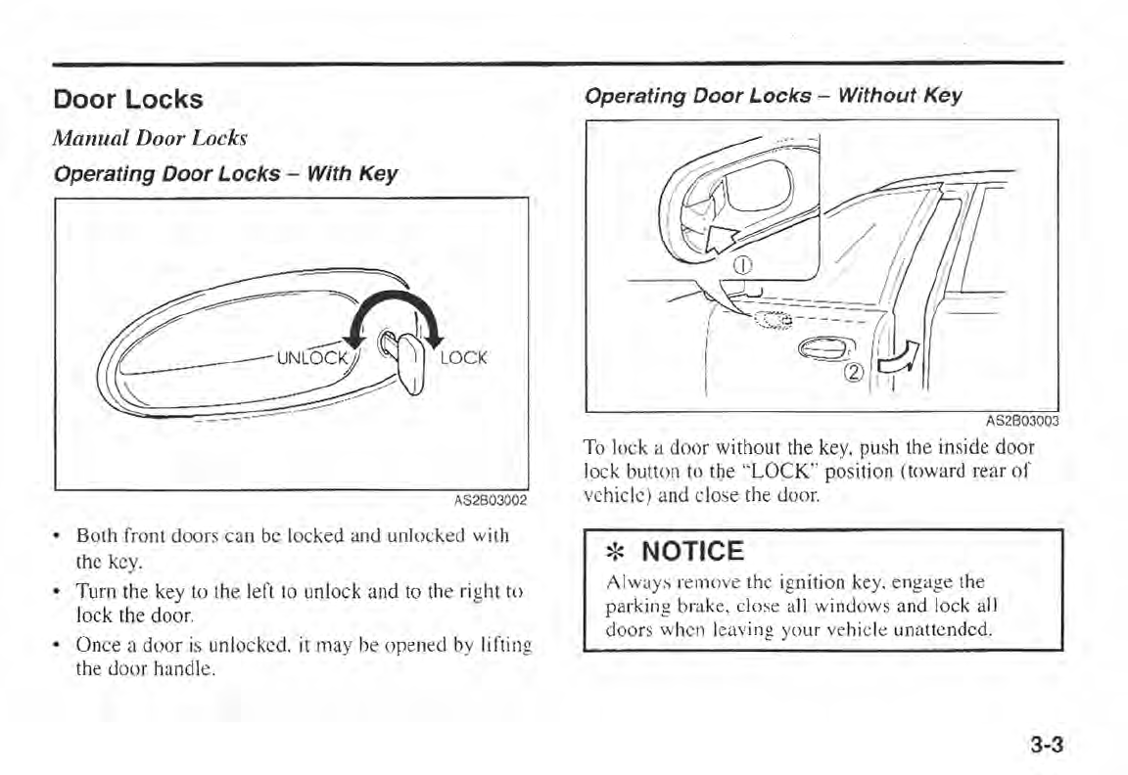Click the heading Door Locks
128,99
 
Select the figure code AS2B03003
1021,423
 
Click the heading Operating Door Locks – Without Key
773,96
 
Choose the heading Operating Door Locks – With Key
225,174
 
